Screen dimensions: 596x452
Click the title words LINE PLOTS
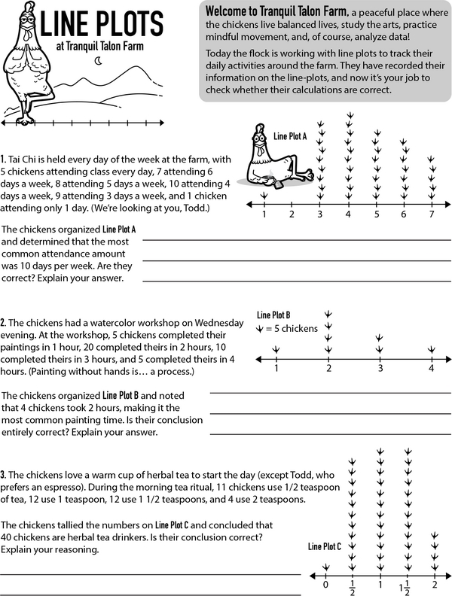pyautogui.click(x=109, y=25)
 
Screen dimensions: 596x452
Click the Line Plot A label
pyautogui.click(x=290, y=136)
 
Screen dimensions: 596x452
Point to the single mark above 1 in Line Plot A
pyautogui.click(x=264, y=196)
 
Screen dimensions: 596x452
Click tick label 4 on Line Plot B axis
pyautogui.click(x=431, y=369)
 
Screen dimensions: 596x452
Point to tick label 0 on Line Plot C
pyautogui.click(x=325, y=584)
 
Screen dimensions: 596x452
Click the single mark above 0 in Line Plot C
pyautogui.click(x=325, y=567)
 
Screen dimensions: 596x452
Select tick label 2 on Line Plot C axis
pyautogui.click(x=435, y=584)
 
